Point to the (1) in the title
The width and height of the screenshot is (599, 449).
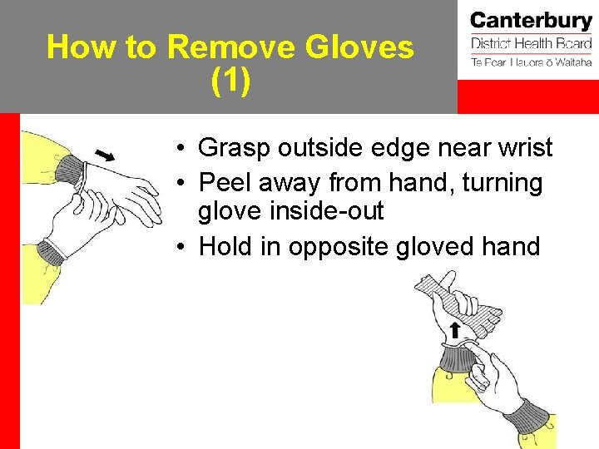tap(230, 81)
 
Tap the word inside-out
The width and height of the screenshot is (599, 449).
tap(291, 211)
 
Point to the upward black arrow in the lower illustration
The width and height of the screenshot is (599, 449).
tap(455, 330)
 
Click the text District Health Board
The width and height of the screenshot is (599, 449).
tap(531, 43)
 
